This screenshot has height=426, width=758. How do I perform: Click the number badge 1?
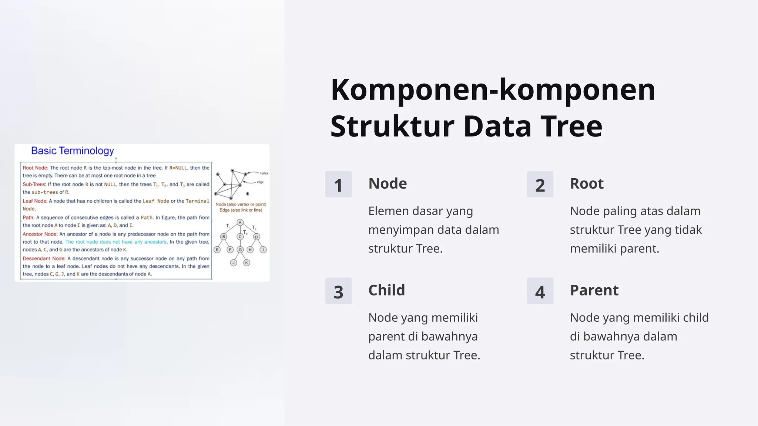pos(338,184)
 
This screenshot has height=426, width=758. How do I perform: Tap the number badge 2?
pos(540,184)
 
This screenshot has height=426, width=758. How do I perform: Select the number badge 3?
pos(338,291)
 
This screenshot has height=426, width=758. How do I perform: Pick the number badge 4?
pos(540,291)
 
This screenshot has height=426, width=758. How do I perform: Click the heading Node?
pos(388,183)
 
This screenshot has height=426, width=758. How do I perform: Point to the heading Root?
pos(587,183)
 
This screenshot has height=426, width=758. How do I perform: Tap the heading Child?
pos(386,290)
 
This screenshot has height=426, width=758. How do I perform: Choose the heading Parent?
pos(594,290)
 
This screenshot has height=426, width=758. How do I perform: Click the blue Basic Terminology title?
pos(73,151)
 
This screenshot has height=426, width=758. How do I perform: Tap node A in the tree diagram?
pos(240,222)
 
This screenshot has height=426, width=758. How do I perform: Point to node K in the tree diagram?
pos(246,263)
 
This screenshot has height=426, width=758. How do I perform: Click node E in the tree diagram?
pos(217,250)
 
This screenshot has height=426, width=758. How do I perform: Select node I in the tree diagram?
pos(263,250)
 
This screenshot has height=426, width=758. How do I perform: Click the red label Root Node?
pos(36,168)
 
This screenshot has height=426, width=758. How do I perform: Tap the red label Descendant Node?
pos(44,258)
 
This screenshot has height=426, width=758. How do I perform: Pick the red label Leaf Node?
pos(35,201)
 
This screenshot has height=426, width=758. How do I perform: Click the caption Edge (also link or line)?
pos(241,210)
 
